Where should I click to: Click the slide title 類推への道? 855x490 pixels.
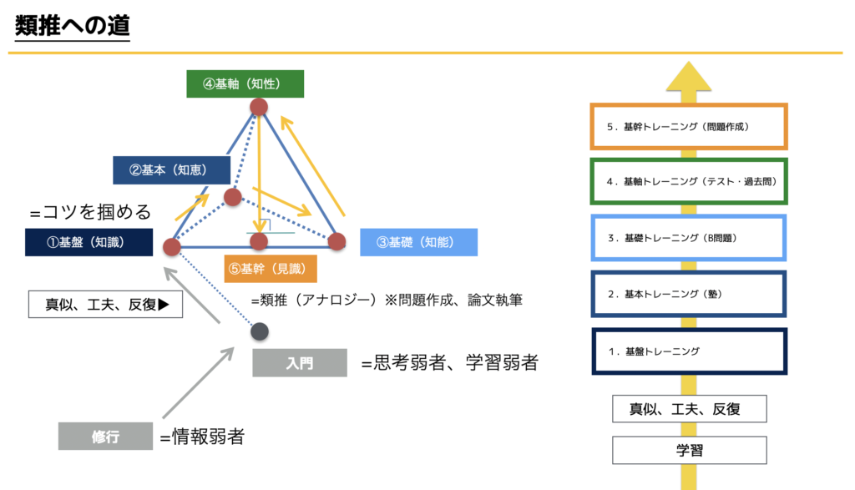tap(72, 26)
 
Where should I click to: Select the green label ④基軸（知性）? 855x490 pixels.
tap(245, 84)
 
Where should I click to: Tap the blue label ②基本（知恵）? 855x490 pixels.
tap(171, 170)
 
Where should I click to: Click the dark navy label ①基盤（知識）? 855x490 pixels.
tap(89, 243)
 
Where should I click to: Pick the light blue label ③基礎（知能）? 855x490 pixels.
tap(419, 243)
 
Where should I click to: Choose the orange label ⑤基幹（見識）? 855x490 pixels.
tap(271, 269)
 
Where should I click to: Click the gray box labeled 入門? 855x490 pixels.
tap(300, 363)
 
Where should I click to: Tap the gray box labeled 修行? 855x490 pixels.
tap(105, 436)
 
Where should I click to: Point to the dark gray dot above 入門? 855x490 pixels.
tap(260, 331)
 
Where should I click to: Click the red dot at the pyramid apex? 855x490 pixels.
tap(259, 106)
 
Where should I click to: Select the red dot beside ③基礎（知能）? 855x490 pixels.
tap(337, 241)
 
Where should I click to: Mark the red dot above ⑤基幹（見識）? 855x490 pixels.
tap(259, 241)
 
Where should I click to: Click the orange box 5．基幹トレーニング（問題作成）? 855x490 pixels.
tap(689, 126)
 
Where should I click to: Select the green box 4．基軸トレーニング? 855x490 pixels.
tap(689, 181)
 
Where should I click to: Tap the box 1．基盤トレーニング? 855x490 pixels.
tap(689, 351)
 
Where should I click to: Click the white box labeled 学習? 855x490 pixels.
tap(689, 450)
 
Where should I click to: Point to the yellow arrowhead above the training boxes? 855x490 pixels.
tap(689, 76)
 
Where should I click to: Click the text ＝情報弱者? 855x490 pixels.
tap(202, 437)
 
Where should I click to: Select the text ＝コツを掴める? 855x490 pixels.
tap(90, 212)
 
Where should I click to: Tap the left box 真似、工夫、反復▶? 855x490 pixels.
tap(105, 304)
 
